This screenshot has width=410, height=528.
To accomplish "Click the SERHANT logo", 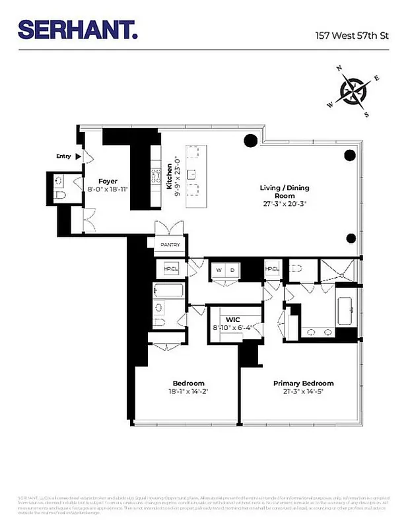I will point(77,30).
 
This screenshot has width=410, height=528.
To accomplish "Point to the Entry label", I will point(64,156).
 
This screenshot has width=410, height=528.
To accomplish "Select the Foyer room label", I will point(108,181).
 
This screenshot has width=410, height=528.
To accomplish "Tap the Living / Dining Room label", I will point(284,192).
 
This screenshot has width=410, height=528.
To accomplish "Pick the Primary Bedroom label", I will point(303,383).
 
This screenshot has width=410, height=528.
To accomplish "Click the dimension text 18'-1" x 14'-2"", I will point(189,391).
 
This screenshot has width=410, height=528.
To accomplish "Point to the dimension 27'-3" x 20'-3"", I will point(284,204).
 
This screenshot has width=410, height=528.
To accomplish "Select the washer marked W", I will point(219,270).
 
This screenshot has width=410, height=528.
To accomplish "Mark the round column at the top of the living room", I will point(250,140).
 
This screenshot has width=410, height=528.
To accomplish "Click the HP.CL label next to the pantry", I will point(170,269).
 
